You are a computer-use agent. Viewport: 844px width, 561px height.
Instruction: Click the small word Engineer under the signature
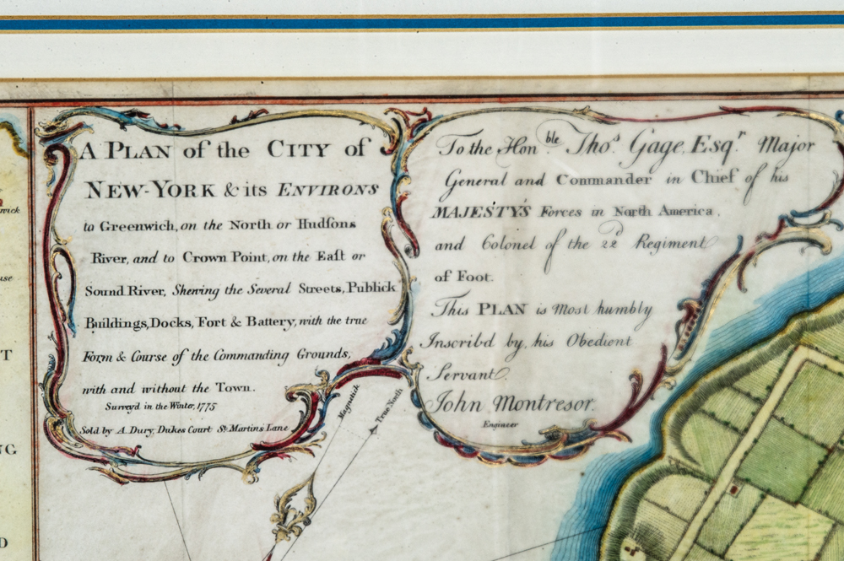tap(501, 425)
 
